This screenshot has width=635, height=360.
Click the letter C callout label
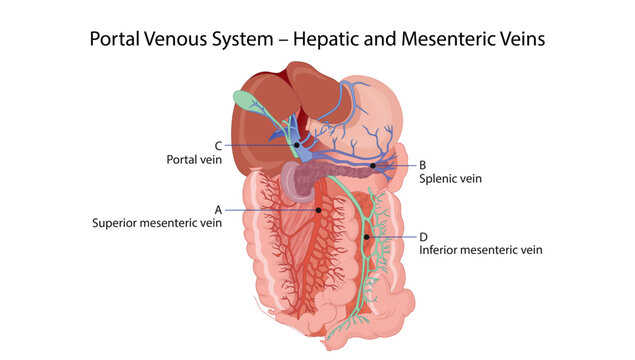click(x=217, y=145)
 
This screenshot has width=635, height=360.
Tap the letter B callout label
click(x=423, y=165)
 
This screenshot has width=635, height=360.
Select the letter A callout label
click(x=217, y=210)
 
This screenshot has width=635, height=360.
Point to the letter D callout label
click(x=423, y=237)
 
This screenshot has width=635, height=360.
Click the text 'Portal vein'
click(x=193, y=159)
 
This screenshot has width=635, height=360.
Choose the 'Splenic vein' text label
click(x=450, y=179)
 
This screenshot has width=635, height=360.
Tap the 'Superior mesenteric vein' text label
click(x=157, y=223)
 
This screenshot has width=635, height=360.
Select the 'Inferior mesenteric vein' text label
click(x=481, y=250)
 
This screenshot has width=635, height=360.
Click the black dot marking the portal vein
click(x=297, y=146)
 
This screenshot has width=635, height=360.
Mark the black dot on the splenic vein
click(x=373, y=165)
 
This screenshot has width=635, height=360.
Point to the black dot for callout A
click(x=318, y=210)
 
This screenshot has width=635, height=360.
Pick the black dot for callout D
click(x=368, y=237)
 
